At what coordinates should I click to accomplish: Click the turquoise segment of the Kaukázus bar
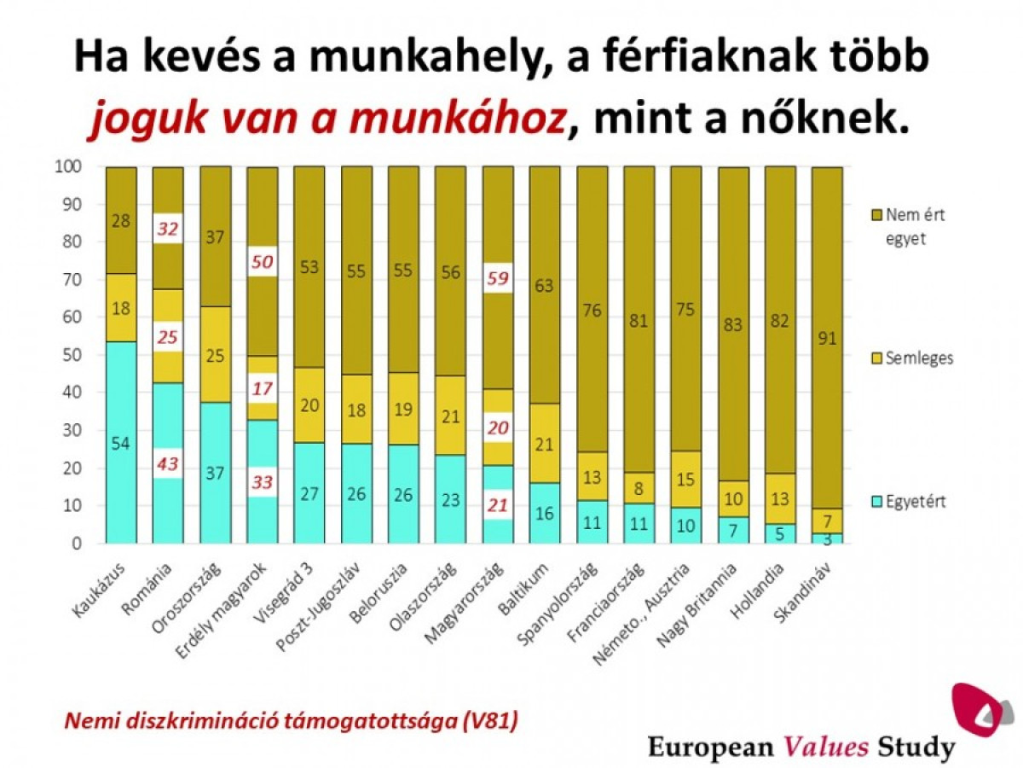[x=121, y=442]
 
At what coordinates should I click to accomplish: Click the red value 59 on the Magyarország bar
[x=497, y=277]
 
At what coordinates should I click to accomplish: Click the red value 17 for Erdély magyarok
[x=262, y=388]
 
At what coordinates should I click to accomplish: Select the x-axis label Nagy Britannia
[x=703, y=608]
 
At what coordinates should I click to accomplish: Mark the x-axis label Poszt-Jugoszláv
[x=324, y=611]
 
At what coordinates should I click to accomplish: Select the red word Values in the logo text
[x=826, y=748]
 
